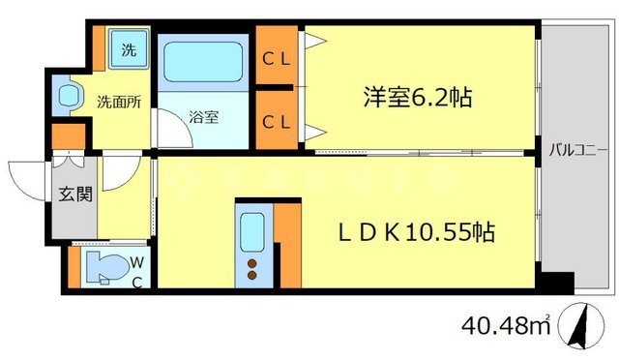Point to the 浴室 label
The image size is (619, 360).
[x=203, y=118]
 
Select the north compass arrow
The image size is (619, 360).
[x=580, y=329]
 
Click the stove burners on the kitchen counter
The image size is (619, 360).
[x=254, y=268]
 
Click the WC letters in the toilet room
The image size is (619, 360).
[x=138, y=271]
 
